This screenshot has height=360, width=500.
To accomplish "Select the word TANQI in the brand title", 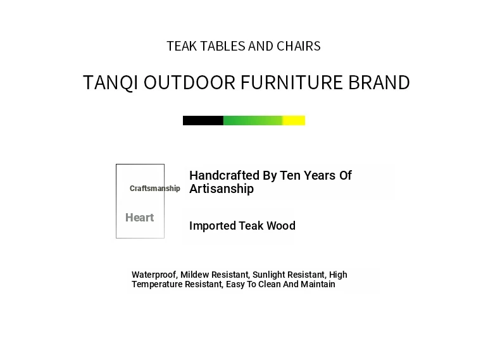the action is (110, 83).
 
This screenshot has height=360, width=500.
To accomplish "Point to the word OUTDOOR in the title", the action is (189, 82).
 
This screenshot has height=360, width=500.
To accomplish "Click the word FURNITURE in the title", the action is (291, 82).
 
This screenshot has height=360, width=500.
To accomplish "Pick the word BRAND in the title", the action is (379, 82).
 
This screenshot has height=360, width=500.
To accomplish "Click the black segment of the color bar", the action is (203, 121).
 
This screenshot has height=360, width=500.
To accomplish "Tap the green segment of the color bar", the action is (253, 121).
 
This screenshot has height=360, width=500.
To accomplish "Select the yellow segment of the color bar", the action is (294, 121).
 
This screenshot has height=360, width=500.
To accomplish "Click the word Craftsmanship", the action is (155, 189).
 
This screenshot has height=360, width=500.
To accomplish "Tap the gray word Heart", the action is (139, 218).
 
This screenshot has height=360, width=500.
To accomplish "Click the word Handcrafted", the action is (225, 175).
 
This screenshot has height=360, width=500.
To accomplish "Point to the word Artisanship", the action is (222, 189).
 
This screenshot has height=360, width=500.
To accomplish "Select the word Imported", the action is (213, 226).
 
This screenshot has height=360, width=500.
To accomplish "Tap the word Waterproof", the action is (154, 275).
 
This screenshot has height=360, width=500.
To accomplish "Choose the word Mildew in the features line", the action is (194, 275).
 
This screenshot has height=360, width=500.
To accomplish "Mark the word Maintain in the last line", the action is (318, 284).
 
